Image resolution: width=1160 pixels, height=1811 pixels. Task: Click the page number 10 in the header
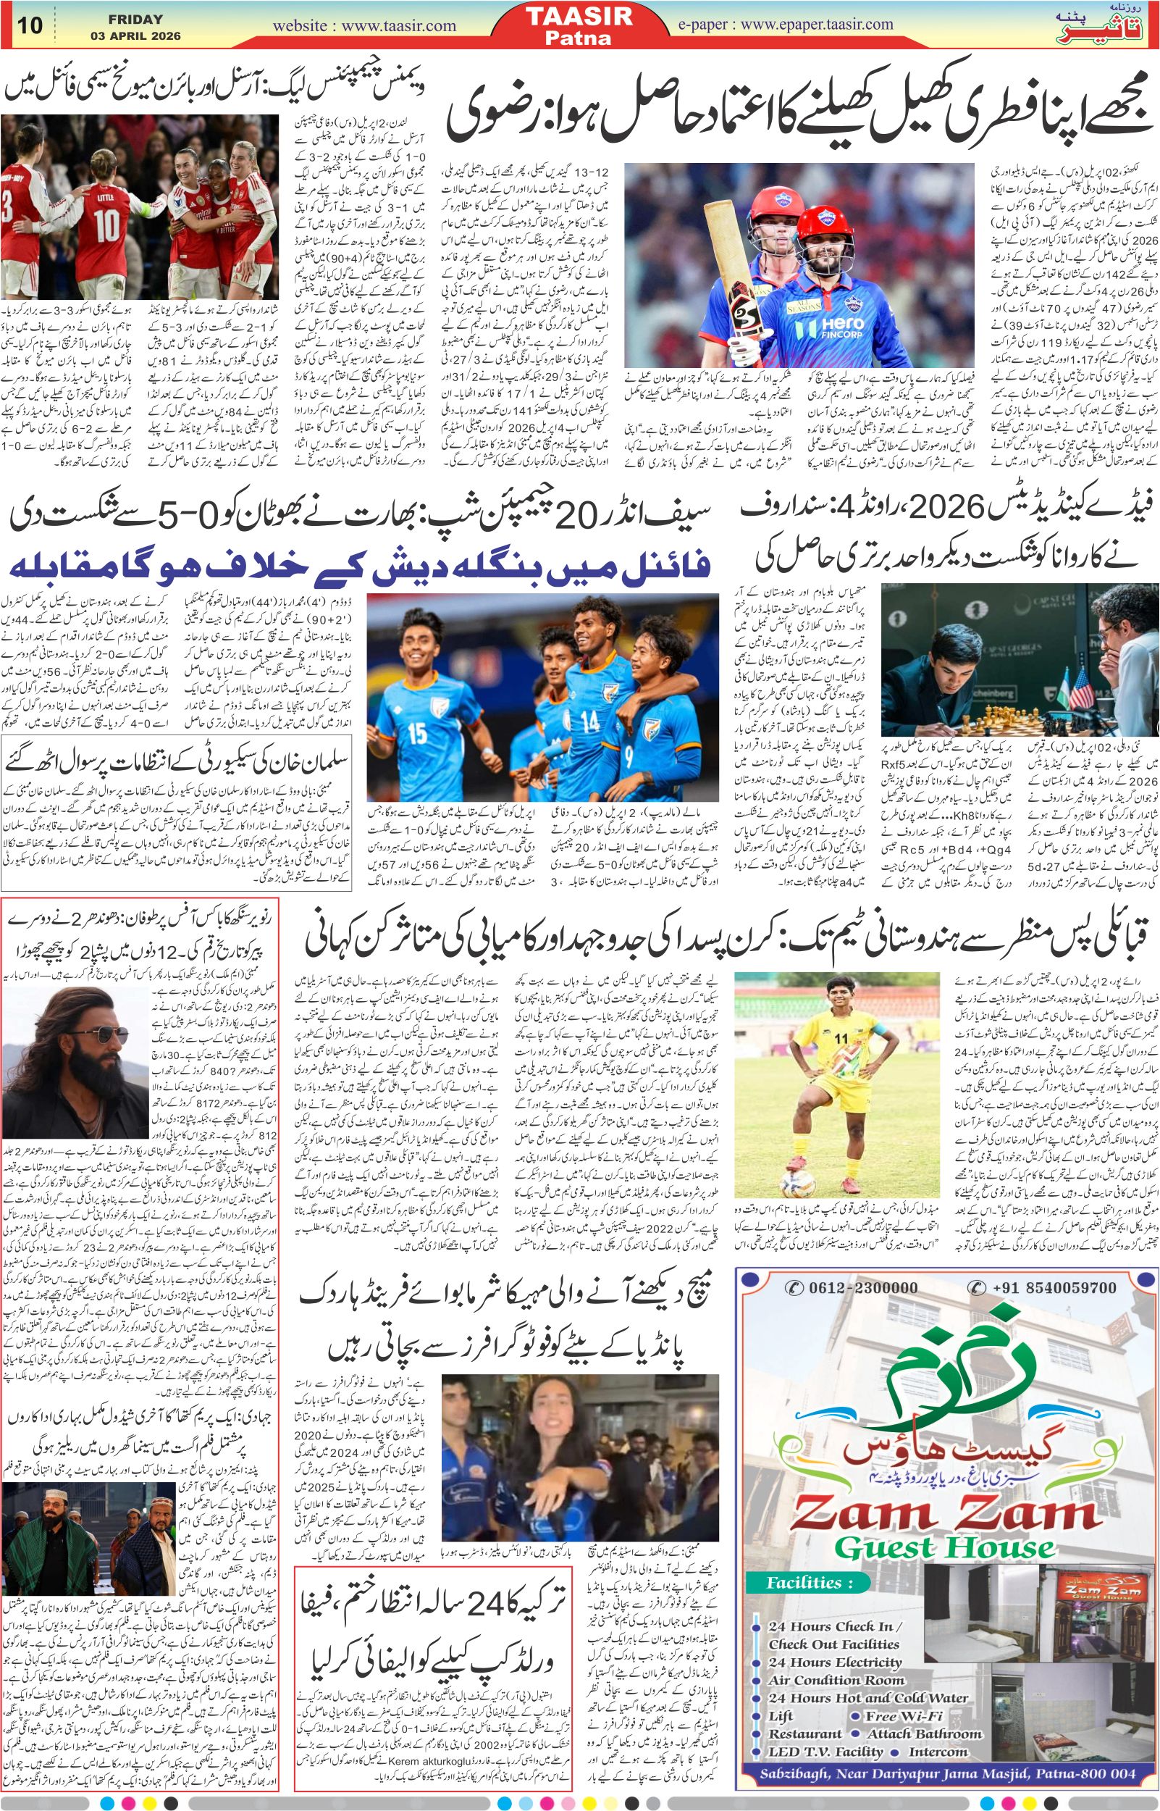click(30, 25)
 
